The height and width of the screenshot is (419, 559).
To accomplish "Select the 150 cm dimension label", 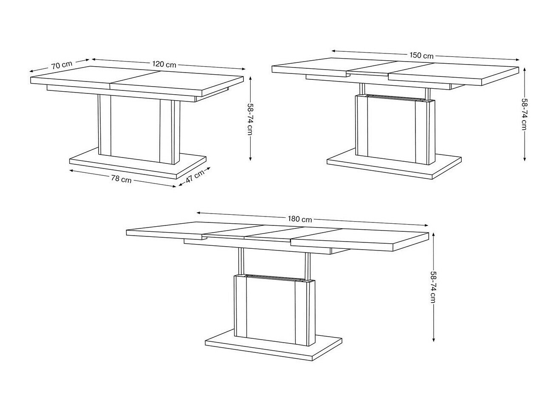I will point(421,55).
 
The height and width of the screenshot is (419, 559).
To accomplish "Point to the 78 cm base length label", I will point(121,179).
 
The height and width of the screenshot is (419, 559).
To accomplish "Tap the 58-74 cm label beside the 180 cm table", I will point(433,286).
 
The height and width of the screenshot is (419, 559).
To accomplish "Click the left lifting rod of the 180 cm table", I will point(241,261).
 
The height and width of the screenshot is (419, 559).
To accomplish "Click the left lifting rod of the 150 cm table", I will point(362,88).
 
